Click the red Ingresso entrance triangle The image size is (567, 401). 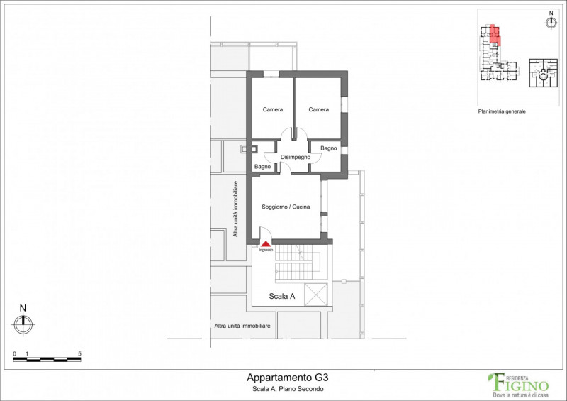tap(266, 244)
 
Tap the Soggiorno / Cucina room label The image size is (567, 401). tap(286, 207)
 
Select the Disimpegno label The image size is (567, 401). tap(296, 158)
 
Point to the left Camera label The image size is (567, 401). tap(273, 109)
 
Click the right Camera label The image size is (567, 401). tap(318, 109)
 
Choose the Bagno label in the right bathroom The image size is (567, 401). tap(328, 148)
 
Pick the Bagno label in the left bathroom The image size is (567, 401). tap(262, 167)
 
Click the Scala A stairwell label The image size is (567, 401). tap(281, 296)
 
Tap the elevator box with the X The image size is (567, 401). tap(316, 294)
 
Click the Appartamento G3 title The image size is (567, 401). tap(288, 378)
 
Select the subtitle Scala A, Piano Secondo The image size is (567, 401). tap(288, 389)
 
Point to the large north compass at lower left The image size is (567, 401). tap(23, 324)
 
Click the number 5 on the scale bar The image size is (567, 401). tap(79, 354)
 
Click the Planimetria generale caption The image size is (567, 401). tap(502, 111)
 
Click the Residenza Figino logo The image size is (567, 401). tap(519, 385)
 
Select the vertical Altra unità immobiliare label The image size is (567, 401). tap(235, 209)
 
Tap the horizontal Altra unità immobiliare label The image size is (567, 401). tap(242, 326)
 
